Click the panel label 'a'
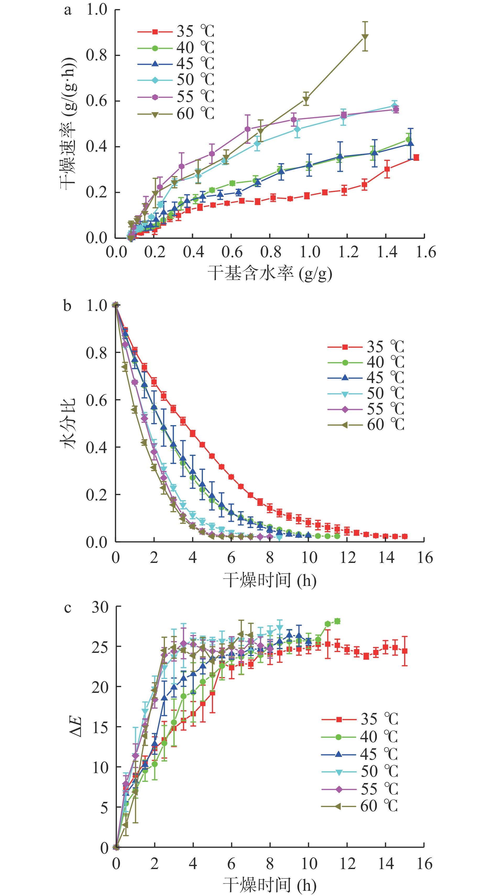tap(68, 10)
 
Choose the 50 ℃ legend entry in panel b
tap(366, 394)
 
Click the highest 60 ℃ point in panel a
tap(365, 37)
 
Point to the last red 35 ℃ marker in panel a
tap(416, 158)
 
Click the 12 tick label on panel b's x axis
tap(347, 558)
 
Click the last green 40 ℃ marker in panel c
tap(337, 621)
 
